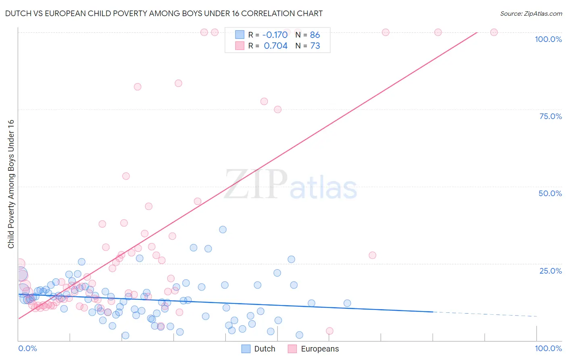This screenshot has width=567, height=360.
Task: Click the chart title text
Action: point(164,13)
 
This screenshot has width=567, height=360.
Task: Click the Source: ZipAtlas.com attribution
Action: point(531,13)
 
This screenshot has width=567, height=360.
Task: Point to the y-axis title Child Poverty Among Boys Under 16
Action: point(11,184)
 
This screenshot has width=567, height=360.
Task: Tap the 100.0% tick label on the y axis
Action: point(548,39)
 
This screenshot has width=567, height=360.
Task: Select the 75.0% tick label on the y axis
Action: point(550,116)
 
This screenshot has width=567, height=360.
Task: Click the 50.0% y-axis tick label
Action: point(550,193)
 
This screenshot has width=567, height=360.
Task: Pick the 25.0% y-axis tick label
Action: point(550,271)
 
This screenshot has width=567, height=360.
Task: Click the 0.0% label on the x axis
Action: point(27,348)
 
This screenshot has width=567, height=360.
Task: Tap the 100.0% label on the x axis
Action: point(548,348)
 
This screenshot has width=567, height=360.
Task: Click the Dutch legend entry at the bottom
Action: point(258,349)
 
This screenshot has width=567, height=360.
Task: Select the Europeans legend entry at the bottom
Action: point(314,349)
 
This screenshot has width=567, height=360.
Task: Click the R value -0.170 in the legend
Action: point(275,35)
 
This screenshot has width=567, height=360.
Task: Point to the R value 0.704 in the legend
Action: point(275,46)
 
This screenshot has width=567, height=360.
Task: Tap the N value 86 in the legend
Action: point(315,35)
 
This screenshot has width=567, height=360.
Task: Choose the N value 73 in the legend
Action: point(315,46)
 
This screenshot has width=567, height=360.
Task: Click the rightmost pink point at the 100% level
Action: point(494,32)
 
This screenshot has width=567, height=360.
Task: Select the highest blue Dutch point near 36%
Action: point(223,230)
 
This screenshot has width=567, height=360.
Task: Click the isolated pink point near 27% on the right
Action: point(372,255)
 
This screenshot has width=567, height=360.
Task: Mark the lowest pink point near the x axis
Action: point(329,331)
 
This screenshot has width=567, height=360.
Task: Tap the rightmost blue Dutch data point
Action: point(347,303)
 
